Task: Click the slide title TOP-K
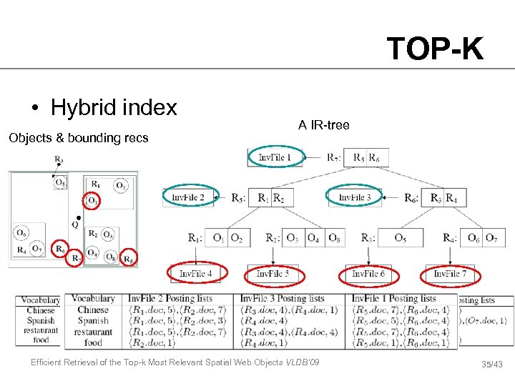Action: click(435, 49)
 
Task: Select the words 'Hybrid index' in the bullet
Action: click(114, 108)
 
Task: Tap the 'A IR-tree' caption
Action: click(324, 126)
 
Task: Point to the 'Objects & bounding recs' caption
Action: click(78, 137)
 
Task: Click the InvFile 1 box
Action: click(274, 157)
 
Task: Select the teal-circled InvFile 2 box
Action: click(187, 197)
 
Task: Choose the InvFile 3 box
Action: click(354, 197)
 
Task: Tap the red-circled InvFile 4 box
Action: click(196, 273)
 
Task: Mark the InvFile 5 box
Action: click(273, 274)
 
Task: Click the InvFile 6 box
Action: click(369, 274)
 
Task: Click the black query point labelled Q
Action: click(77, 217)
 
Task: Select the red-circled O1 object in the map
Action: click(93, 202)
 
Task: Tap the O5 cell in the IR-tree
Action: click(401, 238)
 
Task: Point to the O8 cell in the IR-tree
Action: click(334, 238)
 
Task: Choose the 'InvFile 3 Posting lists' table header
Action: click(293, 299)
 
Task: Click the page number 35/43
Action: click(491, 365)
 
